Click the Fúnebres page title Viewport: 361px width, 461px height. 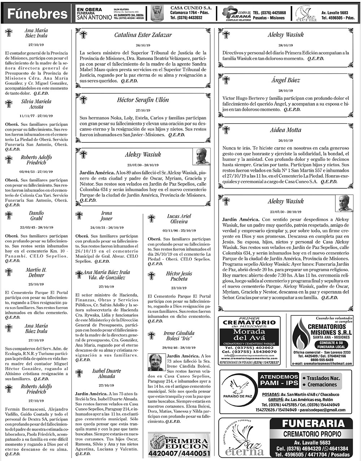38,14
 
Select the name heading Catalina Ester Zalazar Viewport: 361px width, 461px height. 143,35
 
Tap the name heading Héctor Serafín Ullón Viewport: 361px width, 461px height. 143,100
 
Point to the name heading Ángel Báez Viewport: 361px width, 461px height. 286,80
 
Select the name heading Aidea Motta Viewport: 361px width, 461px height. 286,130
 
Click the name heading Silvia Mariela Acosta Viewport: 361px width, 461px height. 36,104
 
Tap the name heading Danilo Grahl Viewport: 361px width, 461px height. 36,216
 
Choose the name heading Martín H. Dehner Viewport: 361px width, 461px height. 36,272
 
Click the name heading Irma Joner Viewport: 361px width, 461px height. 106,216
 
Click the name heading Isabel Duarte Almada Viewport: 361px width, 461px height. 106,373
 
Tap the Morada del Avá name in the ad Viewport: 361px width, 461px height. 249,335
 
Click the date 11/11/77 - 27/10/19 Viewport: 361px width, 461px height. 36,116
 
